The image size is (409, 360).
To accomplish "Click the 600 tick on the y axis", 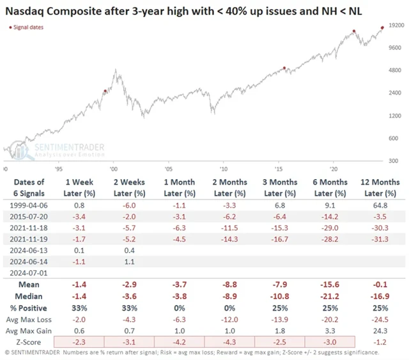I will (394, 138).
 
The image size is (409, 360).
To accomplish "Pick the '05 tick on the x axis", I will (168, 169).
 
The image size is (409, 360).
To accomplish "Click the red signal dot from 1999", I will (105, 91).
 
